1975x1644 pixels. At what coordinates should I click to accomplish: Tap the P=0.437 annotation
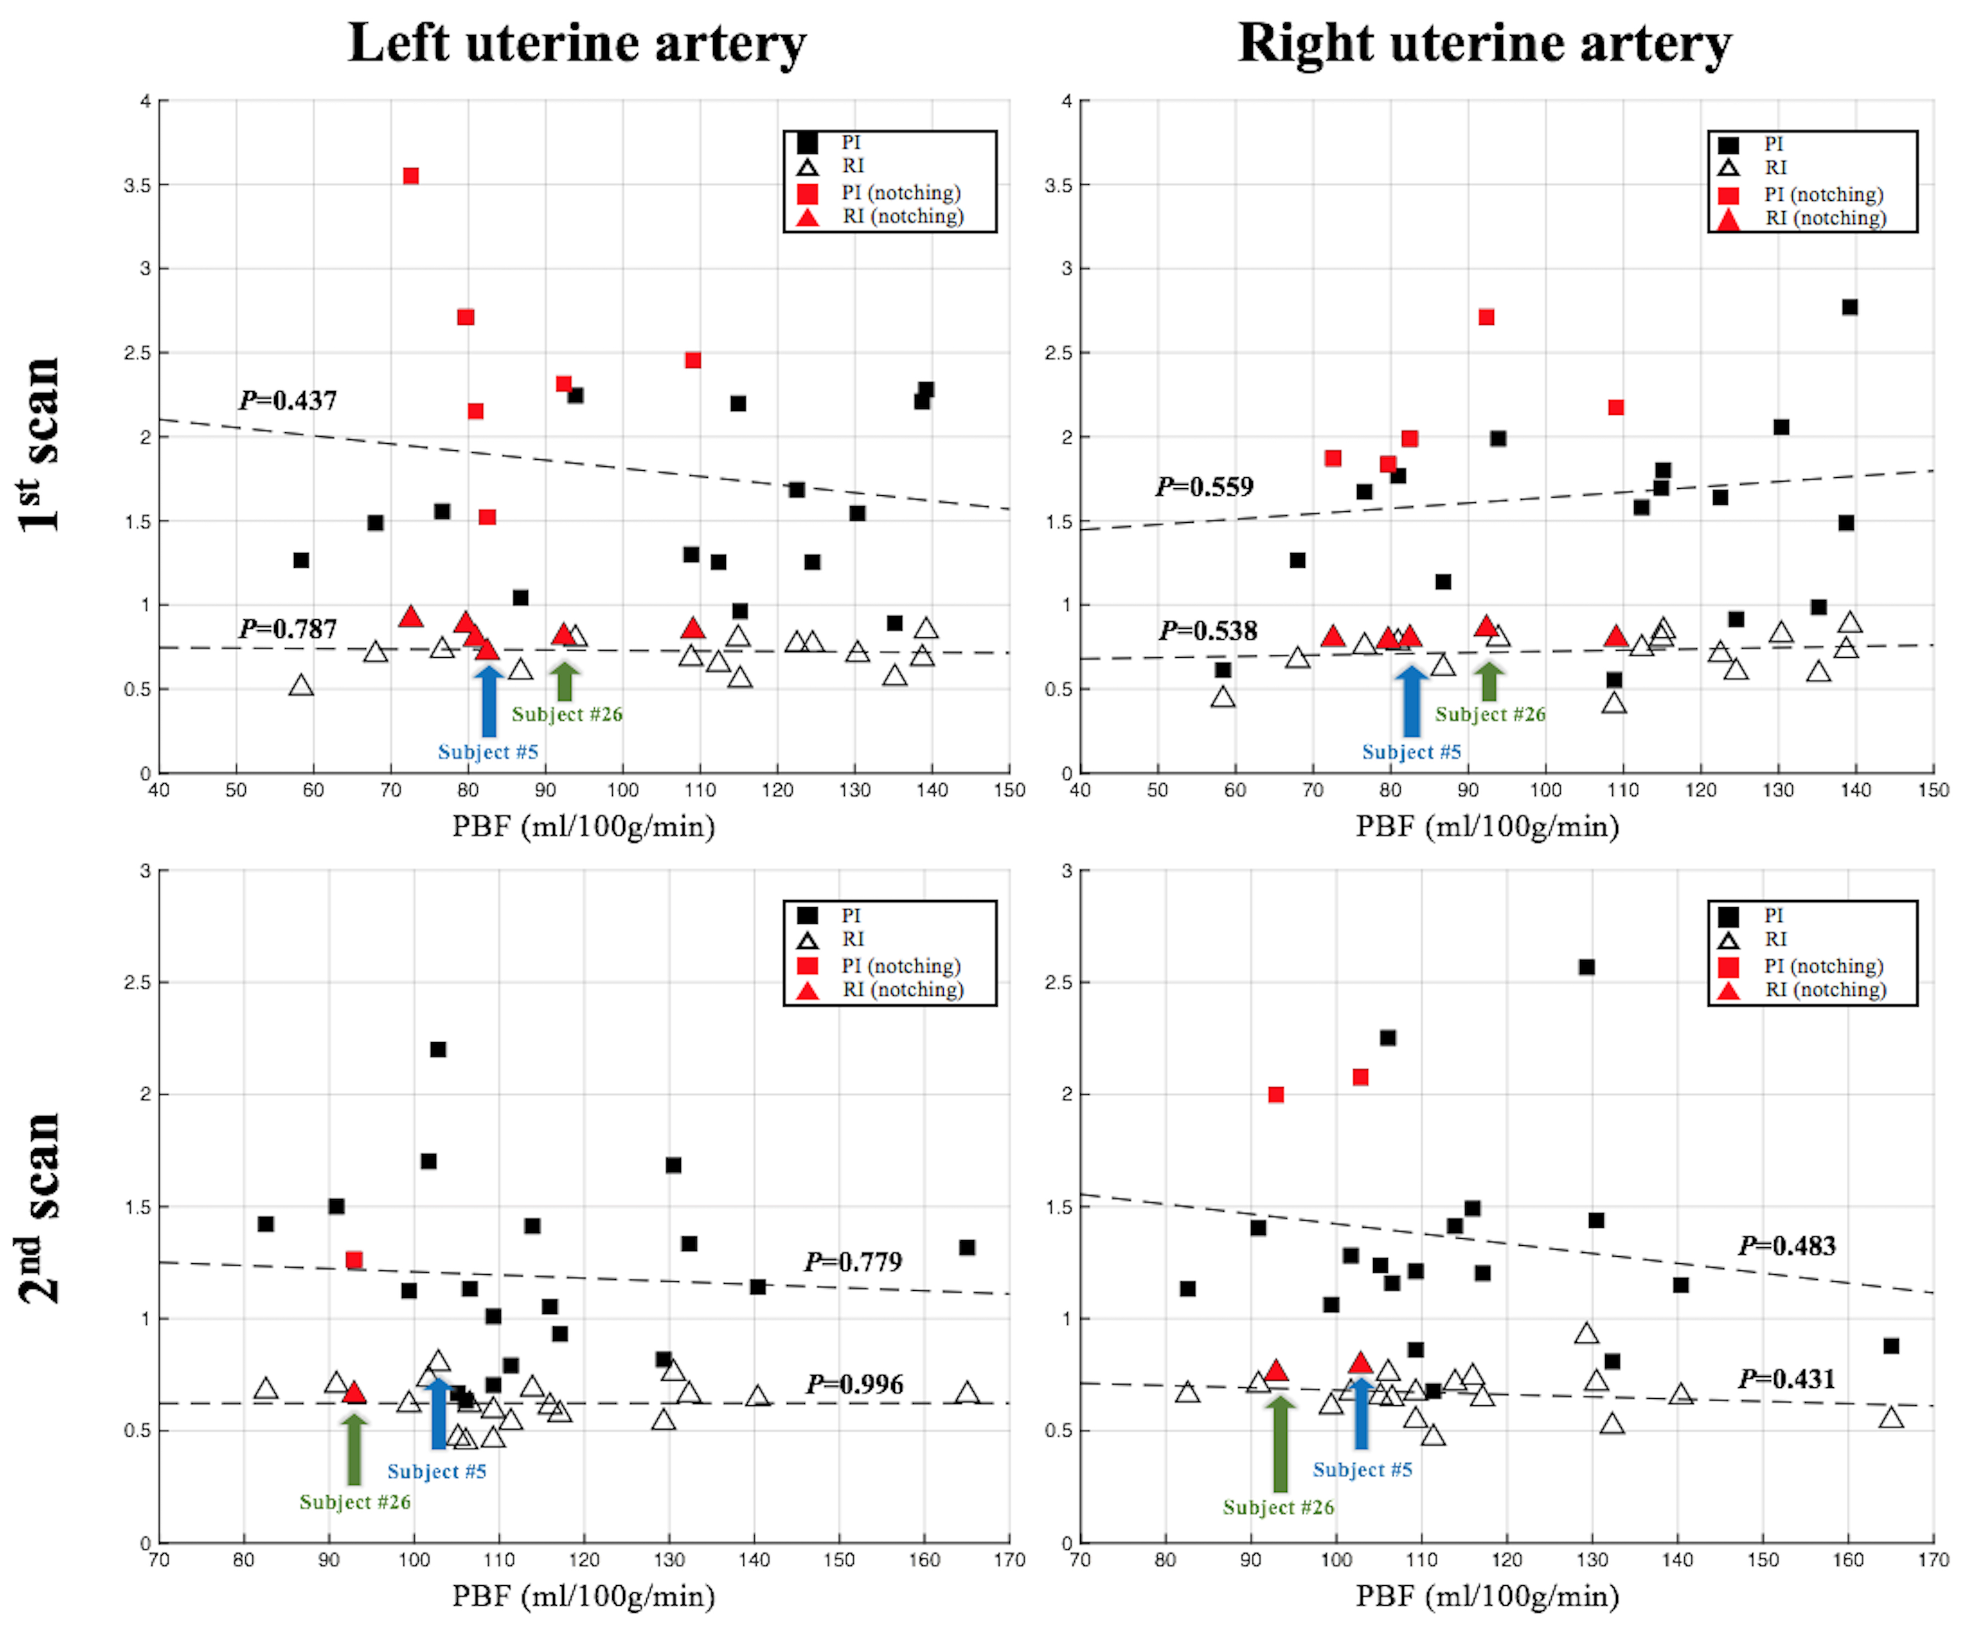click(288, 400)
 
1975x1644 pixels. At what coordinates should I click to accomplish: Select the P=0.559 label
click(1205, 487)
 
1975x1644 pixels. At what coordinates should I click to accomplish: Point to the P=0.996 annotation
click(854, 1385)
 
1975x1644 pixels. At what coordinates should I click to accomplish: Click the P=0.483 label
click(1787, 1246)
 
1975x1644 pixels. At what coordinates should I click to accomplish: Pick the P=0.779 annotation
click(853, 1262)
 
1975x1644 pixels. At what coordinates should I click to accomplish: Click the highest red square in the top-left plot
click(411, 176)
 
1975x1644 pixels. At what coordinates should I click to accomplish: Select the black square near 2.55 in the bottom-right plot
click(1587, 967)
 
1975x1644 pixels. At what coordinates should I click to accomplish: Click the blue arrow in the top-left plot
click(488, 700)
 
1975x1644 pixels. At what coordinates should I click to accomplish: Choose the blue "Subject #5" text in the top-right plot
click(1412, 753)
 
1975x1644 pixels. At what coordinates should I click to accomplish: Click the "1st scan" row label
click(39, 444)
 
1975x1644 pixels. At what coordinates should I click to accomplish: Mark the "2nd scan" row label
click(39, 1208)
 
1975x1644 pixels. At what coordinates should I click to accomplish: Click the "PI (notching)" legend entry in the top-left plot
click(900, 193)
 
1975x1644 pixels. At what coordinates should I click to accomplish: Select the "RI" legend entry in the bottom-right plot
click(1776, 940)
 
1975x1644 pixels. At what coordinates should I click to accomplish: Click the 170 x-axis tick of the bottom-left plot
click(1009, 1560)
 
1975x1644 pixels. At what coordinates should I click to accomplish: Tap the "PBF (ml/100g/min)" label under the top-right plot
click(1487, 827)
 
